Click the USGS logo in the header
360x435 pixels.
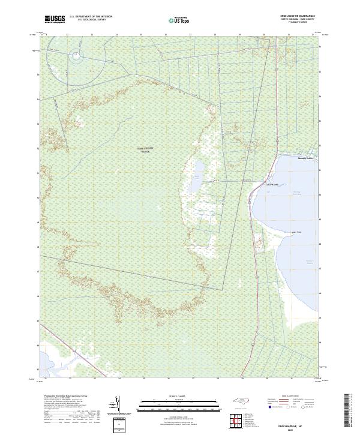pos(55,19)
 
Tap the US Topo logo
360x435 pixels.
pos(177,20)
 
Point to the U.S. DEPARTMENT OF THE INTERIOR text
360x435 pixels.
pos(91,16)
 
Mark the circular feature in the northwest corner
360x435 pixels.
pos(77,57)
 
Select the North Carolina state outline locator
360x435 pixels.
pos(240,401)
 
